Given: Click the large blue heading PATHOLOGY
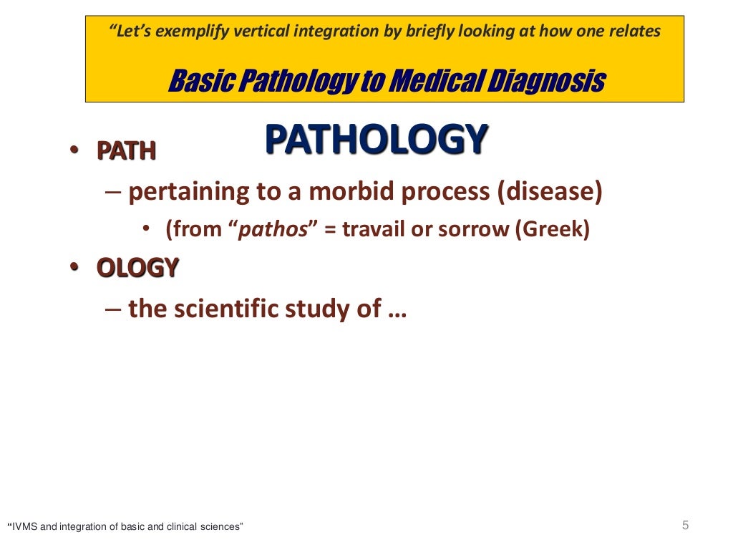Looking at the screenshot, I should (x=377, y=140).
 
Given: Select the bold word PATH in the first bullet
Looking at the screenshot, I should (x=127, y=152).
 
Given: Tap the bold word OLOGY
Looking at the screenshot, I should (x=137, y=268).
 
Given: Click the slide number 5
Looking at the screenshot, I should (x=685, y=526).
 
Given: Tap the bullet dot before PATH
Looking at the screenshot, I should (x=74, y=152).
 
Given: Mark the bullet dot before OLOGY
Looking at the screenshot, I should (x=74, y=268).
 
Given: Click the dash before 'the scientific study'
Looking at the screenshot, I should (x=112, y=309).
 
